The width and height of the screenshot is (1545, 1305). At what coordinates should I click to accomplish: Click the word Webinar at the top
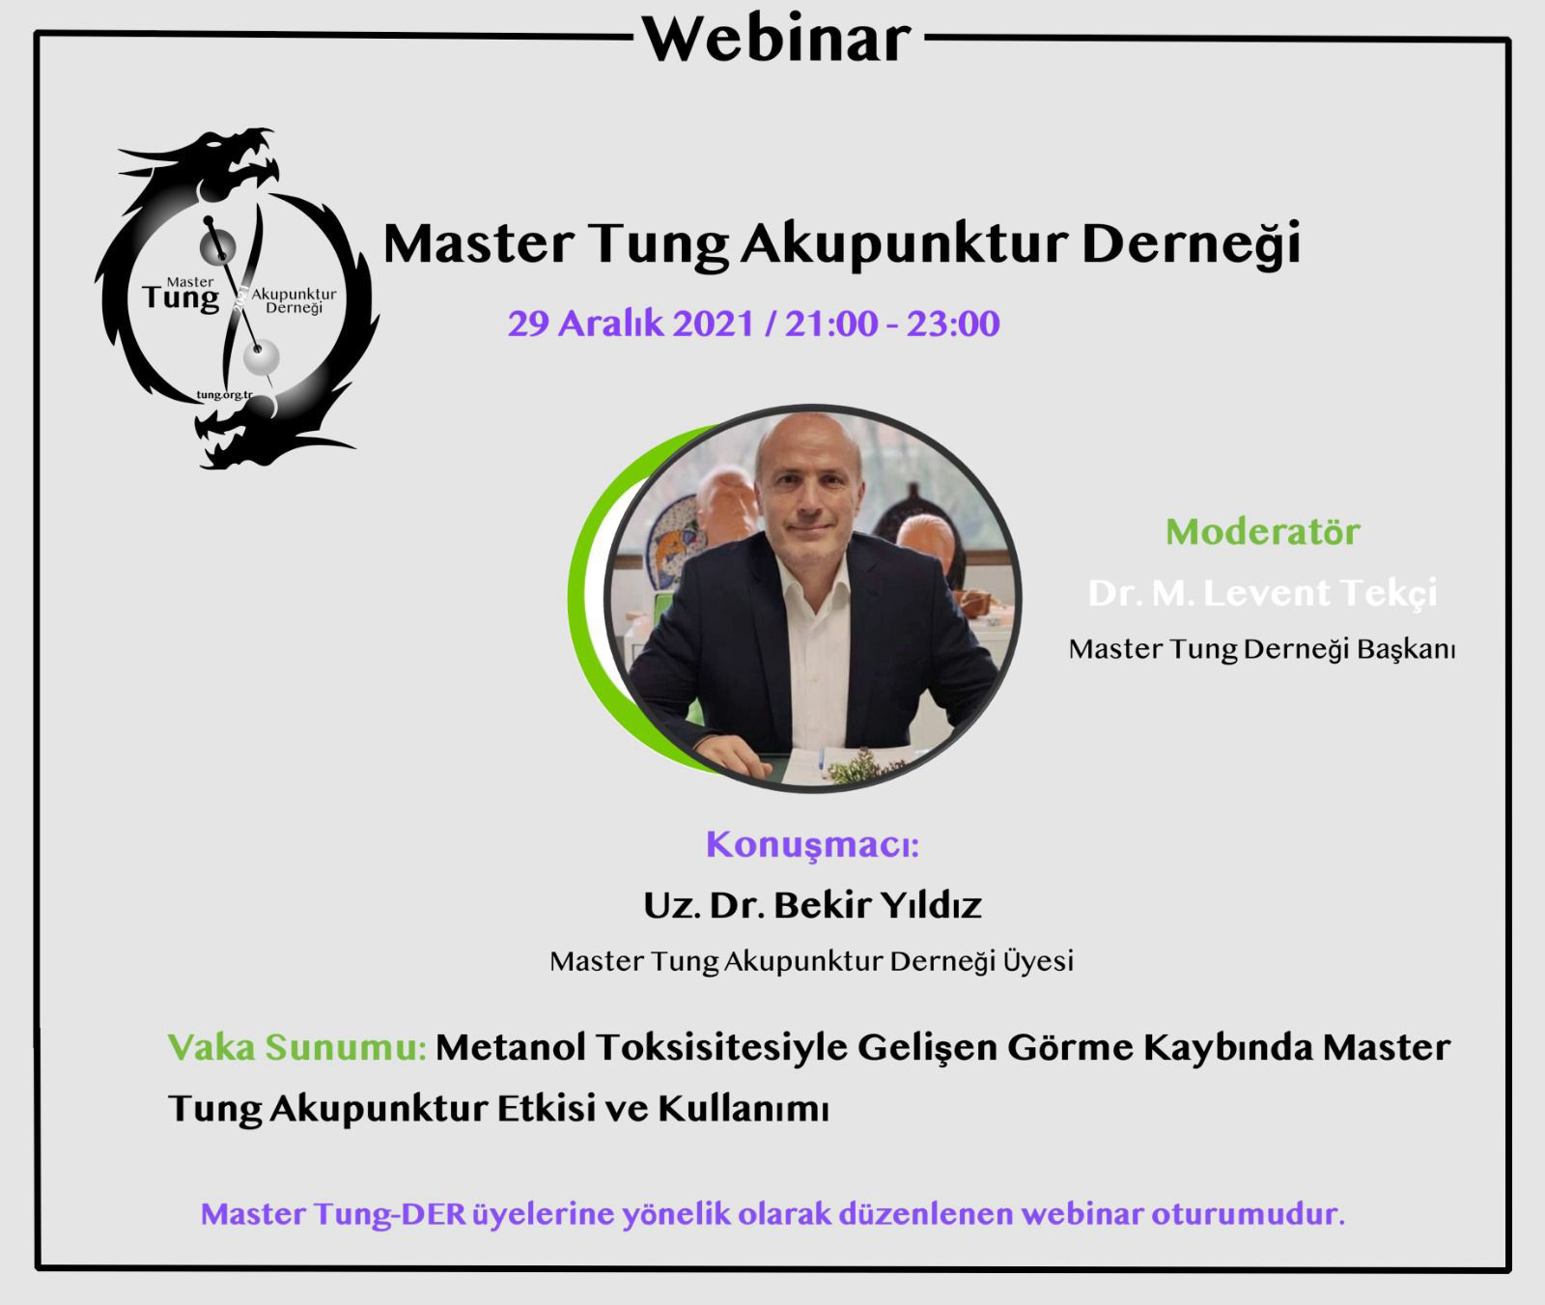tap(777, 39)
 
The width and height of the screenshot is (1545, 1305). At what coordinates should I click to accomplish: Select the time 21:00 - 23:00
tap(892, 324)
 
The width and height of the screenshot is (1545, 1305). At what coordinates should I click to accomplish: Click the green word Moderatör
tap(1263, 531)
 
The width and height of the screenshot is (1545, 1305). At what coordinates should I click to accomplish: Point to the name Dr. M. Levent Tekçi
tap(1263, 592)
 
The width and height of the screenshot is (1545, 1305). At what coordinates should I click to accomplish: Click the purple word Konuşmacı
tap(811, 845)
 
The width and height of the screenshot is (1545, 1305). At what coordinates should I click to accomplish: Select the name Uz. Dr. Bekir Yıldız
tap(813, 905)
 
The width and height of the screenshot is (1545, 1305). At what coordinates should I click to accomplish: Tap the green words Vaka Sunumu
tap(297, 1047)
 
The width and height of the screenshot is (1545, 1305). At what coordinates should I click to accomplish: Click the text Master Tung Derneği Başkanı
tap(1262, 649)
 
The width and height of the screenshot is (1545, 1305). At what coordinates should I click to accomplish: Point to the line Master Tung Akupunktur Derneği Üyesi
tap(812, 962)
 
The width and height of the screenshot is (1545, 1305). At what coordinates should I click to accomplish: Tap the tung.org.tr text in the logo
tap(224, 394)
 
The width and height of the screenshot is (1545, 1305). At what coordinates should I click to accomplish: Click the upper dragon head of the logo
tap(232, 155)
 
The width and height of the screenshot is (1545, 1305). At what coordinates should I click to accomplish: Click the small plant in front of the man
tap(865, 766)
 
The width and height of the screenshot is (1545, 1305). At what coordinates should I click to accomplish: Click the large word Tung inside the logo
tap(181, 298)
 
